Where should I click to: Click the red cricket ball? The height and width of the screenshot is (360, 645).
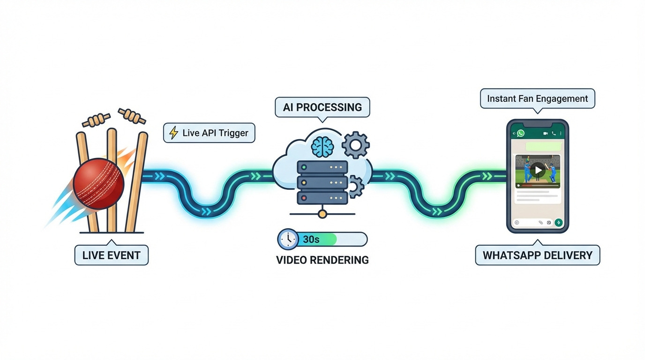click(x=98, y=184)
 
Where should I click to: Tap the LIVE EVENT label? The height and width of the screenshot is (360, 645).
click(x=112, y=255)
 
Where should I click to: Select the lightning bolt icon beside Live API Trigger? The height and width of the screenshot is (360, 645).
click(x=173, y=133)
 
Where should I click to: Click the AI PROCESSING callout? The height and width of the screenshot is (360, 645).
click(x=322, y=107)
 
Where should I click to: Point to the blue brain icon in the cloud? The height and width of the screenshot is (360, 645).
click(x=322, y=147)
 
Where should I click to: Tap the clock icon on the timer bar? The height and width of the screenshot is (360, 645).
click(x=288, y=239)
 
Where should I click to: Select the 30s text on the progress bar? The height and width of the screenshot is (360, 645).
click(x=311, y=240)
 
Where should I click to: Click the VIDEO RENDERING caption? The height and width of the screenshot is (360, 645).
click(x=322, y=260)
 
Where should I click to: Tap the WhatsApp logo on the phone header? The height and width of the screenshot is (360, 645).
click(x=520, y=133)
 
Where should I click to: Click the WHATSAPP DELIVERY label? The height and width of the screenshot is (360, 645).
click(x=538, y=255)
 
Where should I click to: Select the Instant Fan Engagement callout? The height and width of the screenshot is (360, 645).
click(x=538, y=99)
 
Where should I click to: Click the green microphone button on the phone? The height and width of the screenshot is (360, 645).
click(x=558, y=223)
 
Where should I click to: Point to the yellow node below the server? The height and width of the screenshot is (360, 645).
click(x=322, y=214)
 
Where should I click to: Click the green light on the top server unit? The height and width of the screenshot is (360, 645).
click(x=304, y=167)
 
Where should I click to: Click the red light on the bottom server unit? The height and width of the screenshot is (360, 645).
click(x=304, y=198)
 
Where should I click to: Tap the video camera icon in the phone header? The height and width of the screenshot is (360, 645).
click(x=545, y=134)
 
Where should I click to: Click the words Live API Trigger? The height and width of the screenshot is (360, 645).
click(x=215, y=133)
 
